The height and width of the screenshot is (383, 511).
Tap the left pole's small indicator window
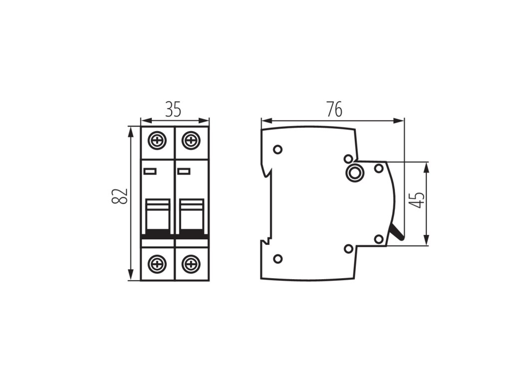click(150, 172)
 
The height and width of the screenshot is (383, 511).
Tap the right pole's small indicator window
click(183, 172)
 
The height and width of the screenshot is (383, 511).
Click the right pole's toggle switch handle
click(191, 215)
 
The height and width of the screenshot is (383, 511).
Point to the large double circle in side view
click(355, 173)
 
